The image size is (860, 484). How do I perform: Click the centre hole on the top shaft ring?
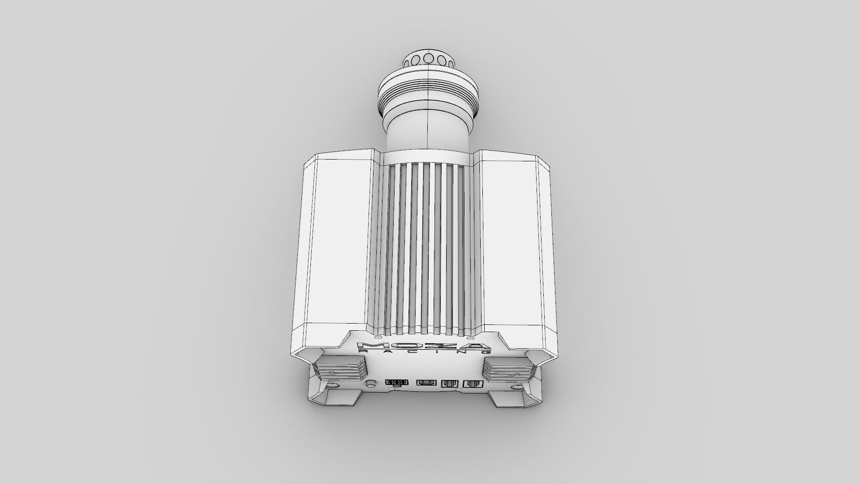(429, 58)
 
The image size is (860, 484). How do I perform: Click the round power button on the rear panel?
(370, 371)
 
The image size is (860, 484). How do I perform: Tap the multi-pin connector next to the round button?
(396, 371)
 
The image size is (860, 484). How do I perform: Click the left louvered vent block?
(340, 363)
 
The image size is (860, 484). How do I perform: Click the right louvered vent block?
(509, 363)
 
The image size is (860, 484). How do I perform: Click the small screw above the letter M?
(377, 337)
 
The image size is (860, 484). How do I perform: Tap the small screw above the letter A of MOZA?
(469, 337)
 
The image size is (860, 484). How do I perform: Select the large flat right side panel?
(508, 242)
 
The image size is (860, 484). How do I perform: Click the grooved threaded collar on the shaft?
(429, 93)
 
